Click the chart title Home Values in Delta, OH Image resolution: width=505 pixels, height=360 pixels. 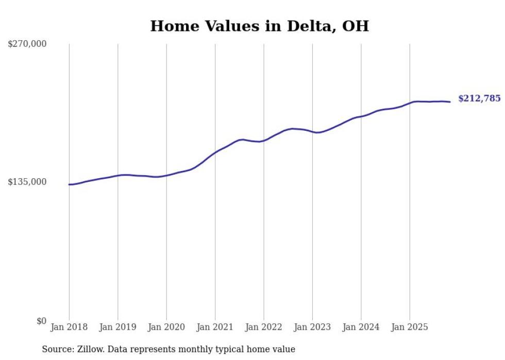pyautogui.click(x=259, y=26)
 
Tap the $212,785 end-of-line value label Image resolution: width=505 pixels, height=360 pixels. pyautogui.click(x=479, y=98)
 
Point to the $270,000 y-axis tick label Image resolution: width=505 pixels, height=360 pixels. pyautogui.click(x=27, y=44)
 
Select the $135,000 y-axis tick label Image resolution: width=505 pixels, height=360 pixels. pyautogui.click(x=27, y=182)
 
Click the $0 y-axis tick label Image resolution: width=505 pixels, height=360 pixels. pyautogui.click(x=41, y=321)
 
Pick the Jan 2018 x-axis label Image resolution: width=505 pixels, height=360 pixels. pyautogui.click(x=69, y=327)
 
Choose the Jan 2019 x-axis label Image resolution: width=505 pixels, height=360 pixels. pyautogui.click(x=117, y=327)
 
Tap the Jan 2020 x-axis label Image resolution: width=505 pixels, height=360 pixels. pyautogui.click(x=166, y=327)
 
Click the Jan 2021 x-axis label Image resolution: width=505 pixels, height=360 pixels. pyautogui.click(x=215, y=327)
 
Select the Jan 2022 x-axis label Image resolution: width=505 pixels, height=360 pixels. pyautogui.click(x=264, y=327)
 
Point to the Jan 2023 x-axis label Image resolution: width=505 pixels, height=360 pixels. pyautogui.click(x=312, y=327)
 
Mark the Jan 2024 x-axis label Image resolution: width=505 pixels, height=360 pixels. pyautogui.click(x=361, y=327)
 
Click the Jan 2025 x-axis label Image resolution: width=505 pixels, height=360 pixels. pyautogui.click(x=410, y=327)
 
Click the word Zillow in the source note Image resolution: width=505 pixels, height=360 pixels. pyautogui.click(x=87, y=349)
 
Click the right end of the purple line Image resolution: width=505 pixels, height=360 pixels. pyautogui.click(x=450, y=101)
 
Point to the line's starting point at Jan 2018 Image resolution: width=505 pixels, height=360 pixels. pyautogui.click(x=69, y=184)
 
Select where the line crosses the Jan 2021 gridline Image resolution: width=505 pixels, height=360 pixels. pyautogui.click(x=215, y=152)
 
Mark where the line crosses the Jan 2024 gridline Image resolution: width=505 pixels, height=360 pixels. pyautogui.click(x=361, y=116)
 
